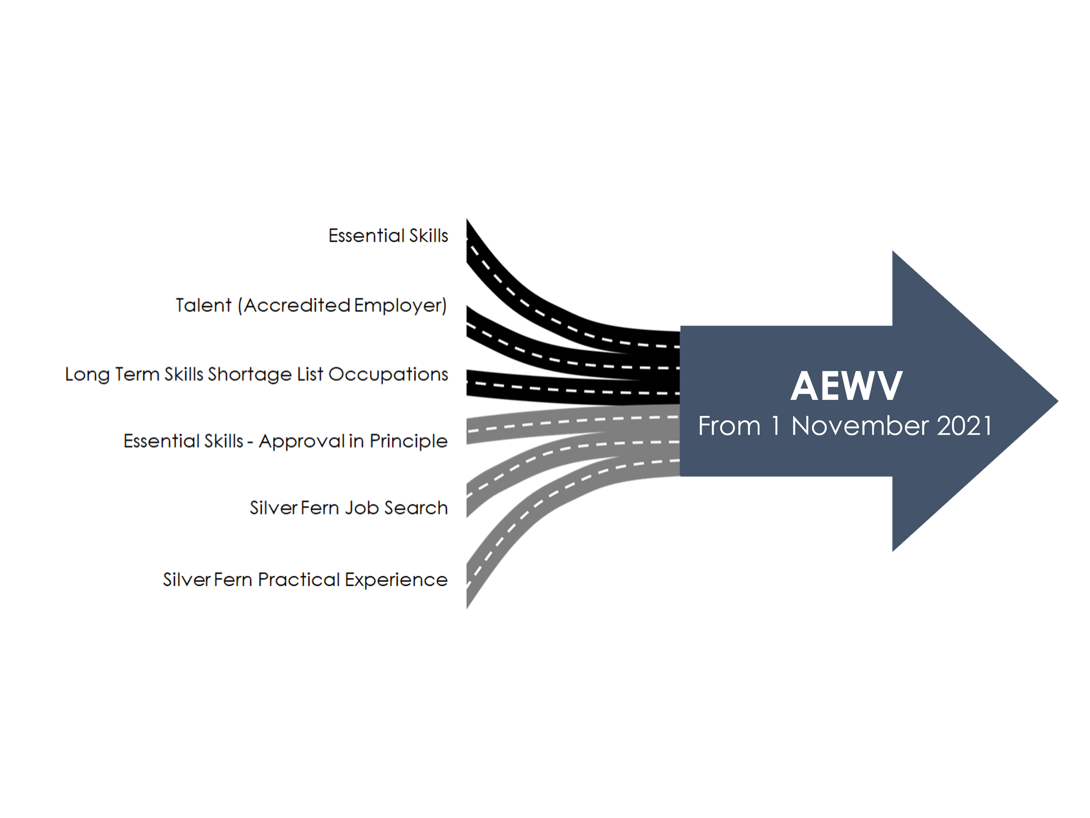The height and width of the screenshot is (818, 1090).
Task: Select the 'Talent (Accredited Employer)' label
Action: pyautogui.click(x=311, y=305)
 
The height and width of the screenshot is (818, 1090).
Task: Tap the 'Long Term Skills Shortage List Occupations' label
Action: pyautogui.click(x=256, y=374)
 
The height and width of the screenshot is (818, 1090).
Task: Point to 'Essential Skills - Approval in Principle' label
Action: pyautogui.click(x=285, y=441)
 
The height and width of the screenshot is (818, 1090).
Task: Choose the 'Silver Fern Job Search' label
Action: pyautogui.click(x=348, y=508)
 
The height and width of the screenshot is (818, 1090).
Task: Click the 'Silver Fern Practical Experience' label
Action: pyautogui.click(x=305, y=580)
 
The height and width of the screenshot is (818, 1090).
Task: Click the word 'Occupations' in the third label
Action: pyautogui.click(x=388, y=374)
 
